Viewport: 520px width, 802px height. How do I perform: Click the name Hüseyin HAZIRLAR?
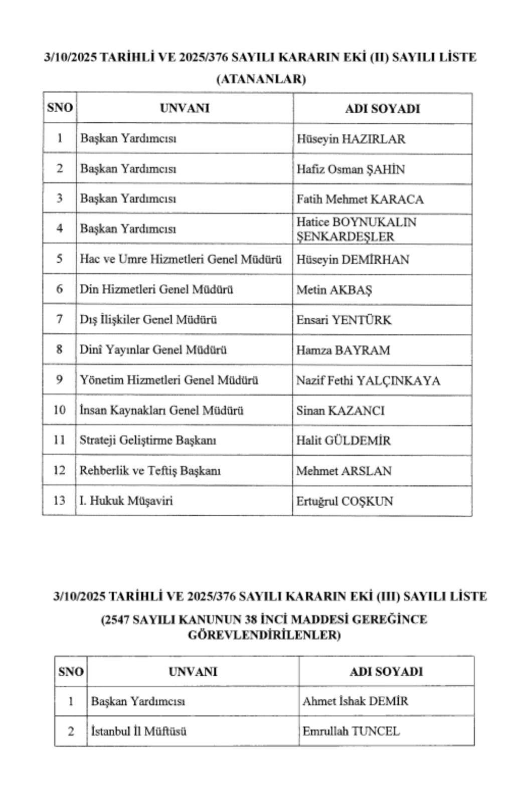[351, 139]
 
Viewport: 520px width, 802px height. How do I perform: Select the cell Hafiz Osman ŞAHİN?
[350, 169]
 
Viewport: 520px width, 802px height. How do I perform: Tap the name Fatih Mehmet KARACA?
[360, 199]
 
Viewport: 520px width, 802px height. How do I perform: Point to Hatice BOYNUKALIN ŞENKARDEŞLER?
[356, 229]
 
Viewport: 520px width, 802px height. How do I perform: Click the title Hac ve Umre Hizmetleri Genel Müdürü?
[181, 259]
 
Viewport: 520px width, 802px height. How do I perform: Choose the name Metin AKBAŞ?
[333, 290]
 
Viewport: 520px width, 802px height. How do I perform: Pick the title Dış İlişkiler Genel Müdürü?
[148, 319]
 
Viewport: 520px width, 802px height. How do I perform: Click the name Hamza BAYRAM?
[342, 350]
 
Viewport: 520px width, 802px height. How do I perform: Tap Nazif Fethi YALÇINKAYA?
[368, 380]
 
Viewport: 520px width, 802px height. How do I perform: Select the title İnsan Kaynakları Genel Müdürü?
[161, 410]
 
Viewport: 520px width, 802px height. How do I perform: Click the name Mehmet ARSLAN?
[343, 471]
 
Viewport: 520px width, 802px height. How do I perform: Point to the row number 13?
[59, 500]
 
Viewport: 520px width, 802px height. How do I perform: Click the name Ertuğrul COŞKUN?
[344, 501]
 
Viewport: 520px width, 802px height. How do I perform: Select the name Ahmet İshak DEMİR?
[355, 701]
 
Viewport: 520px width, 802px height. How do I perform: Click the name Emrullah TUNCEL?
[351, 731]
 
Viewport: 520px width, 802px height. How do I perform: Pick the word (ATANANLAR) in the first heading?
[260, 79]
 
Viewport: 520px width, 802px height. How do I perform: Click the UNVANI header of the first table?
[185, 108]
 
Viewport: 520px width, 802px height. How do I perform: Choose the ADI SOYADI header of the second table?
[386, 671]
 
